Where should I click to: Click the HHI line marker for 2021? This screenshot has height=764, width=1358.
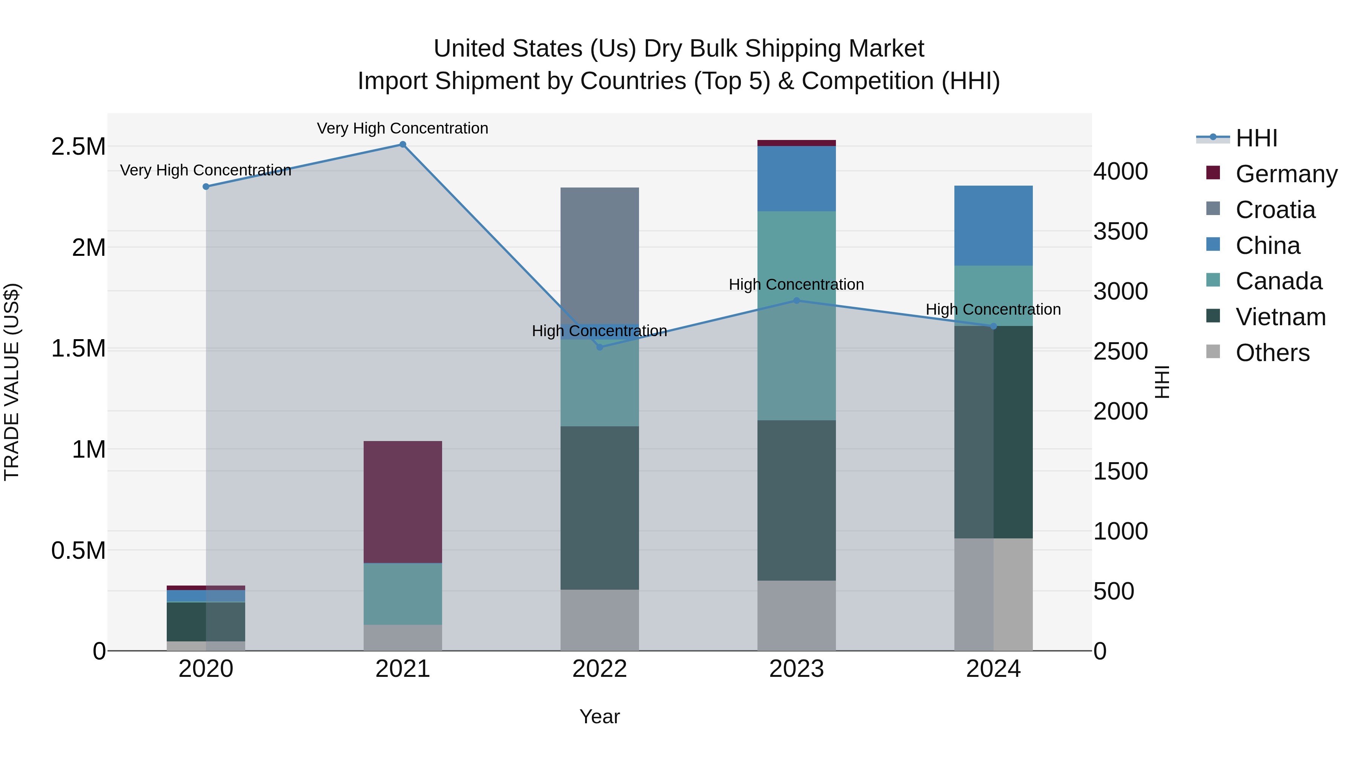coord(403,144)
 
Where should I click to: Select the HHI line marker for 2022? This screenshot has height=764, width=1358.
coord(599,347)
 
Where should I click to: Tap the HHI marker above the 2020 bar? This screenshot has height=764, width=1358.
coord(206,187)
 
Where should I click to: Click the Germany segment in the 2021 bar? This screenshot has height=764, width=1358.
coord(403,501)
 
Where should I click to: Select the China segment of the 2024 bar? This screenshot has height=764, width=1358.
coord(993,225)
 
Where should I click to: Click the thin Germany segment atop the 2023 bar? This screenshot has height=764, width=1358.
coord(797,143)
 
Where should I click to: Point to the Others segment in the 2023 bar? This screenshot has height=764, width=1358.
coord(797,615)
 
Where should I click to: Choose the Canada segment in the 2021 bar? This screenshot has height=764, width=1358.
coord(403,594)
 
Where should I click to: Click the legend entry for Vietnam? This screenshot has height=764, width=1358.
coord(1280,317)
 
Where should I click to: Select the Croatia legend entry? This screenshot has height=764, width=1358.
coord(1275,210)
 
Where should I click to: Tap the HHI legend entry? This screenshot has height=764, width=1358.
coord(1256,138)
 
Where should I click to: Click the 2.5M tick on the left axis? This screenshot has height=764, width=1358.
coord(78,147)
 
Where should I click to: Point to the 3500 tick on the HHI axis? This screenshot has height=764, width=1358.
coord(1121,232)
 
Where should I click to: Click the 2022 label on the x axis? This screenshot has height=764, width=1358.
coord(599,669)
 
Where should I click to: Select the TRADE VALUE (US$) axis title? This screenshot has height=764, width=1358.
coord(12,382)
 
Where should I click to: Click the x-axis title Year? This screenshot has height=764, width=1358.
coord(599,716)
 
